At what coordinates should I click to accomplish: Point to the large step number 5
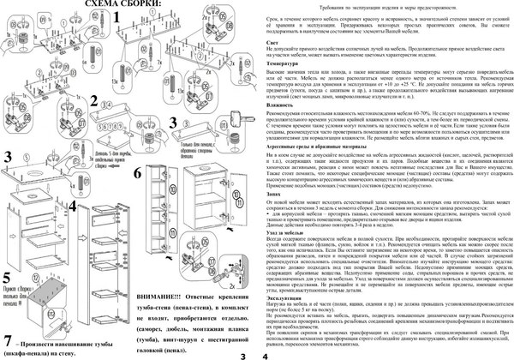7,303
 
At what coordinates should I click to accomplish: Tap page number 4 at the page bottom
266,354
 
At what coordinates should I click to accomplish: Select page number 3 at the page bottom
243,354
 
